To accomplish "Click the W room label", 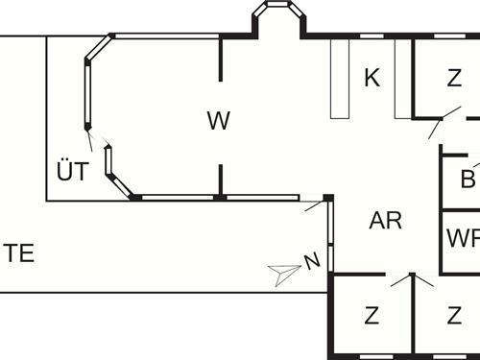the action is [x=219, y=120].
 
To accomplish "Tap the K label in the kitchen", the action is [x=372, y=78].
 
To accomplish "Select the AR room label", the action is [x=385, y=220].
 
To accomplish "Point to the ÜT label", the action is [x=72, y=173].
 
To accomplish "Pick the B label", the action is [x=468, y=178].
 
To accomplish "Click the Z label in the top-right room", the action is [x=453, y=78].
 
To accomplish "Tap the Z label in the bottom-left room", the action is [x=371, y=314].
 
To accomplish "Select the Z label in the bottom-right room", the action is [x=453, y=314].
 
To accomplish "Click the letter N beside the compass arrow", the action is [x=311, y=260].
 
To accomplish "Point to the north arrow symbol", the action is [x=285, y=274].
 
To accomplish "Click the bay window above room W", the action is [x=276, y=16].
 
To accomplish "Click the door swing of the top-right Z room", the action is [x=438, y=126].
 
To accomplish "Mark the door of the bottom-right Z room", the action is [x=425, y=280].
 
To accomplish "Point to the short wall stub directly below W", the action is [x=222, y=180].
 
